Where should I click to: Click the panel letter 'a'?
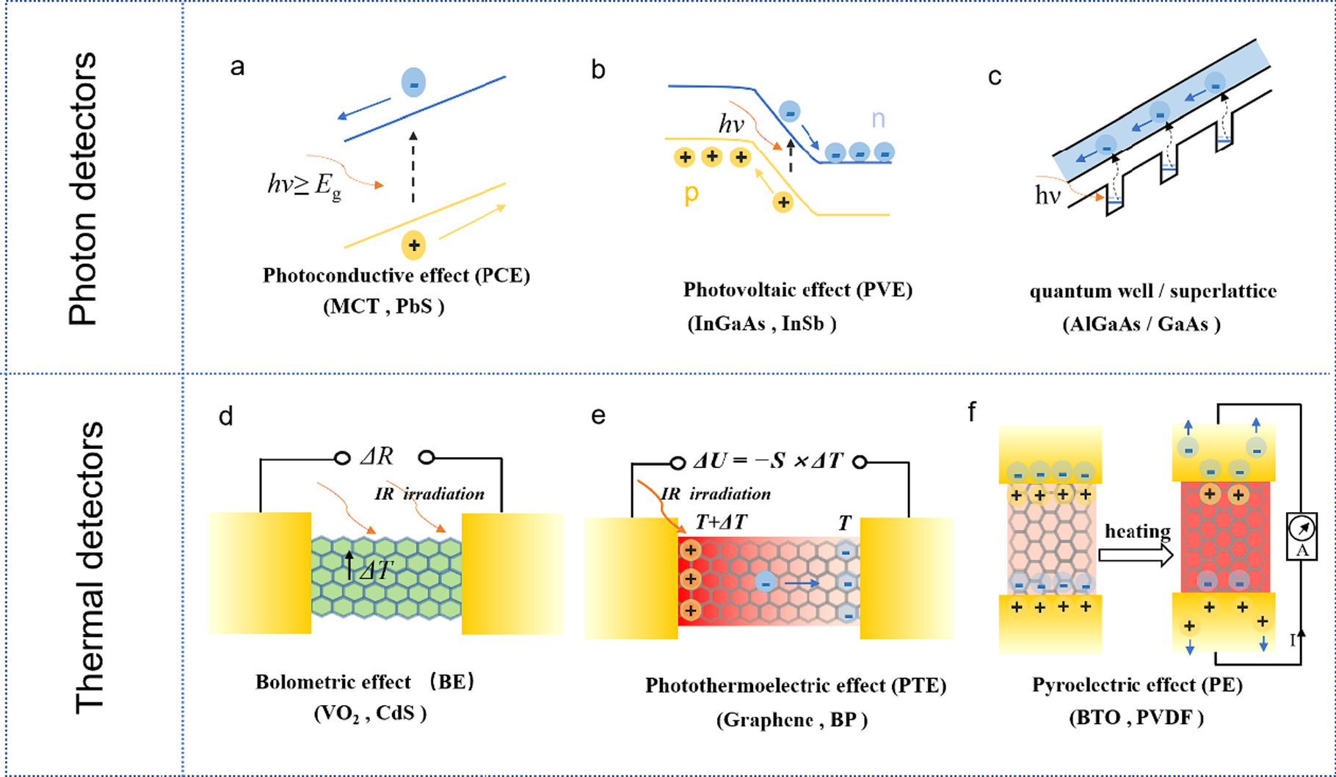click(x=237, y=68)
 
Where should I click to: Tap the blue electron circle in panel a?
click(x=413, y=82)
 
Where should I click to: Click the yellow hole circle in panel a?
click(x=414, y=245)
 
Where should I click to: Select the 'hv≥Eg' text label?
click(x=304, y=185)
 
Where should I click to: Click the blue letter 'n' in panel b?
click(x=878, y=119)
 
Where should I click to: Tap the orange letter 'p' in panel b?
click(x=691, y=194)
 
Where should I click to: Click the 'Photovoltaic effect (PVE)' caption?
click(x=797, y=290)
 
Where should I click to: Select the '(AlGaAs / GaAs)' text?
click(x=1141, y=324)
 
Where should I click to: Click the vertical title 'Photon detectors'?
click(x=83, y=189)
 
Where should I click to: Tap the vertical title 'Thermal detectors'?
click(x=90, y=566)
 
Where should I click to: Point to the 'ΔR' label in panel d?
click(x=377, y=457)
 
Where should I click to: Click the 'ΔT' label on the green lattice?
click(x=376, y=570)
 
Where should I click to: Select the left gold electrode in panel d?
click(x=260, y=573)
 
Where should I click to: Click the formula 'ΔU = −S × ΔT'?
click(x=768, y=462)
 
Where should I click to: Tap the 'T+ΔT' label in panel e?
click(x=721, y=522)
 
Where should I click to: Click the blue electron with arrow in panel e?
click(x=766, y=583)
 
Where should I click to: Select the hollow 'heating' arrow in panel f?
click(x=1136, y=555)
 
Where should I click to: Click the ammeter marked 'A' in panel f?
click(x=1301, y=536)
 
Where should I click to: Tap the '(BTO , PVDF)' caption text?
click(x=1136, y=717)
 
